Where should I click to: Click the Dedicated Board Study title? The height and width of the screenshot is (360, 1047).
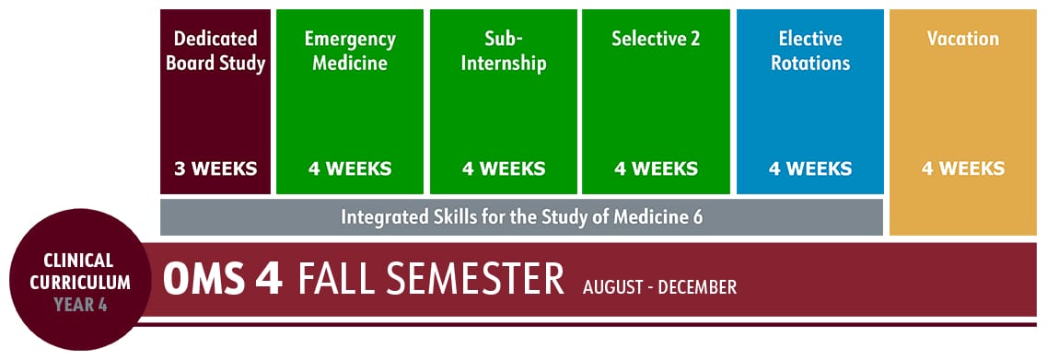(x=215, y=52)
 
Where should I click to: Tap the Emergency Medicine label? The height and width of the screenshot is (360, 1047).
(x=350, y=52)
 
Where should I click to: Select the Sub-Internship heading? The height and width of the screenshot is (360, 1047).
(x=503, y=52)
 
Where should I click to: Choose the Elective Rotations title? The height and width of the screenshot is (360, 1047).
(x=810, y=52)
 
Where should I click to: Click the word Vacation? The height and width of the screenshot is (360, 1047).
(x=963, y=40)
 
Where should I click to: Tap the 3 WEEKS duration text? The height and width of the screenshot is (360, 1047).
(x=215, y=169)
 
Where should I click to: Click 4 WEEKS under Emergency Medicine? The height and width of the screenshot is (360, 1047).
(x=350, y=169)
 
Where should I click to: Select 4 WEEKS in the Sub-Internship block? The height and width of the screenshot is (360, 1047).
(x=503, y=169)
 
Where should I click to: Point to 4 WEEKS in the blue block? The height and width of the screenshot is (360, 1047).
(x=810, y=169)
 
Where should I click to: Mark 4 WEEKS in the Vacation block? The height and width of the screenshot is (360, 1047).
(x=963, y=169)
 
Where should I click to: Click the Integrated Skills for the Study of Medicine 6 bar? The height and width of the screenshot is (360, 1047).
(x=521, y=217)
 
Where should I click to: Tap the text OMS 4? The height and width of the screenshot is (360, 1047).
(x=222, y=280)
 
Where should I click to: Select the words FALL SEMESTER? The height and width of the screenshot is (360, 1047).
(x=430, y=280)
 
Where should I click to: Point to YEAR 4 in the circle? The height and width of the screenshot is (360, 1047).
(x=80, y=304)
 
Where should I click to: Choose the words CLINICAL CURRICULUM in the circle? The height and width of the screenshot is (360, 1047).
(x=80, y=272)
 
